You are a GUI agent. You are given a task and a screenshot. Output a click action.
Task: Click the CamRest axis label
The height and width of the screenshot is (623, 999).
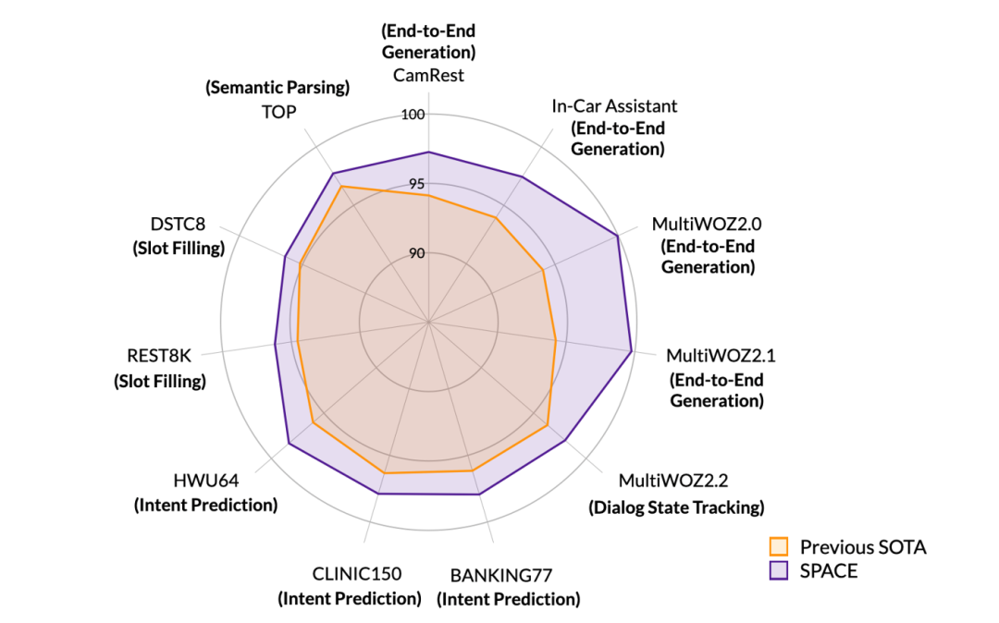tap(428, 75)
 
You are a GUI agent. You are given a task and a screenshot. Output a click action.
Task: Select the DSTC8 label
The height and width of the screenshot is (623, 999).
tap(178, 225)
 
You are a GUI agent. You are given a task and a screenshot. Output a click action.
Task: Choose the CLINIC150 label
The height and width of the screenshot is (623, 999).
tap(350, 574)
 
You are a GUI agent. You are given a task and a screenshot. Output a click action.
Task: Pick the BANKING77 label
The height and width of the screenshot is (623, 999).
tap(508, 575)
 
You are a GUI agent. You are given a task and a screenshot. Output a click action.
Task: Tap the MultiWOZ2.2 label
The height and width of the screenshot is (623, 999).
tap(674, 482)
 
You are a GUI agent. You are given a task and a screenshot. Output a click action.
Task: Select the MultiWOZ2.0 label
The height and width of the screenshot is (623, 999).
tap(707, 224)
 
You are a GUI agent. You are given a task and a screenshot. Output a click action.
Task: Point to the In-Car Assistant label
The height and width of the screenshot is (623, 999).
tap(614, 105)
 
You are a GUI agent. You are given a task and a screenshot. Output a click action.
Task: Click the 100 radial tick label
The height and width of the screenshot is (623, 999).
tap(413, 116)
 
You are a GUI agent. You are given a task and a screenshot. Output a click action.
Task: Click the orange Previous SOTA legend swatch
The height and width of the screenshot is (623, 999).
tap(779, 546)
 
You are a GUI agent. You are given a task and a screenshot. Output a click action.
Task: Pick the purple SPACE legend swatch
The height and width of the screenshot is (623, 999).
tap(779, 571)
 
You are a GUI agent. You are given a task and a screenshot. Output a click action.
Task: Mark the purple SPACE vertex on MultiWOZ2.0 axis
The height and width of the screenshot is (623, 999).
tap(617, 237)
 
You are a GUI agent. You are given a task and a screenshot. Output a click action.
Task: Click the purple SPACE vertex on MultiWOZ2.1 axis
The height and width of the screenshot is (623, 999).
tap(631, 351)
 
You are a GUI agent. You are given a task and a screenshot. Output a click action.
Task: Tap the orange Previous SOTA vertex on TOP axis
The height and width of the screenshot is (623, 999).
tap(341, 187)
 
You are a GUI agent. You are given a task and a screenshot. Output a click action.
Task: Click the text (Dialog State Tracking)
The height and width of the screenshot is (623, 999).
tap(676, 507)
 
